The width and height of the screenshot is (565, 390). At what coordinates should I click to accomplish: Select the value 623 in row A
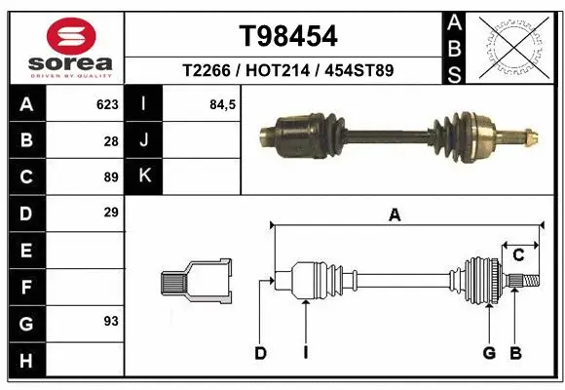[107, 103]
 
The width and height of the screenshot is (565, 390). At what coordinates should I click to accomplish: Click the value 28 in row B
[111, 140]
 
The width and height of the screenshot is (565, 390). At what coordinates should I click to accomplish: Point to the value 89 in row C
[111, 176]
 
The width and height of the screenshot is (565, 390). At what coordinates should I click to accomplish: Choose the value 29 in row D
[111, 212]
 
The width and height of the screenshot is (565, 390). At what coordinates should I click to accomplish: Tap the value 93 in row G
[111, 320]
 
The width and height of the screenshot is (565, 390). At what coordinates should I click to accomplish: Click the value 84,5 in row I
[223, 103]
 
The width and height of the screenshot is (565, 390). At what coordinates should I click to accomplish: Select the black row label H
[25, 362]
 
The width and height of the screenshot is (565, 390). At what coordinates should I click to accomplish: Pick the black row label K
[144, 175]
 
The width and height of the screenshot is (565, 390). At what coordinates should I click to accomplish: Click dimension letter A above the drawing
[395, 215]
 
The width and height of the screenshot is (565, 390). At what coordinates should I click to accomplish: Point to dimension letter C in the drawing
[518, 255]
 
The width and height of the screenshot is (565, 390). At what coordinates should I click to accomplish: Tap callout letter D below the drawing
[260, 353]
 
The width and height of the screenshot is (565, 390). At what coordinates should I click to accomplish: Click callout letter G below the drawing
[489, 353]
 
